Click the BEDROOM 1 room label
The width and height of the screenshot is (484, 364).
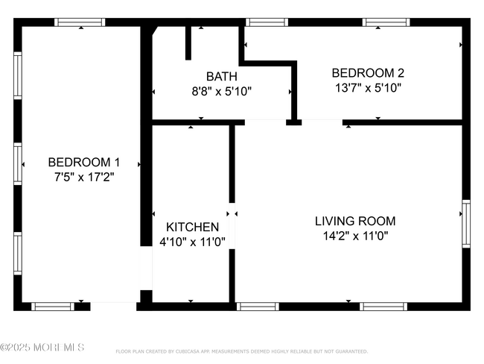click(x=83, y=162)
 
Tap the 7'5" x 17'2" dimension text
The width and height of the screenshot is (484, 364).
click(x=83, y=178)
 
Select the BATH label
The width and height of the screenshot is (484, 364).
click(x=221, y=76)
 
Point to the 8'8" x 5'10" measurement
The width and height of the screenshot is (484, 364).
click(x=221, y=92)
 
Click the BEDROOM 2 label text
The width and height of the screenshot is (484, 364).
click(x=368, y=72)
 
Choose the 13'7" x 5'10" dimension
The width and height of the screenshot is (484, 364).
click(x=368, y=87)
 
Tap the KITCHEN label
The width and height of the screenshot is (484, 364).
click(x=192, y=227)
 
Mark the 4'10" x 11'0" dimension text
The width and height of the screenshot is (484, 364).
click(x=192, y=242)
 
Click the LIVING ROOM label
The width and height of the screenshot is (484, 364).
click(x=355, y=221)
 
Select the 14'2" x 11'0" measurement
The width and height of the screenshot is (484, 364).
click(x=355, y=236)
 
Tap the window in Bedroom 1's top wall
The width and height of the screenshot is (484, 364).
click(x=80, y=22)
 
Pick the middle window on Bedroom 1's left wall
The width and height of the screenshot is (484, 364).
click(x=18, y=164)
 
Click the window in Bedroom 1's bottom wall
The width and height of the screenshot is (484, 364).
click(x=52, y=306)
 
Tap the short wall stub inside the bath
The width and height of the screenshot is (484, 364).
click(x=188, y=43)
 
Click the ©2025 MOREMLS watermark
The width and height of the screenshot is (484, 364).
click(x=42, y=348)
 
